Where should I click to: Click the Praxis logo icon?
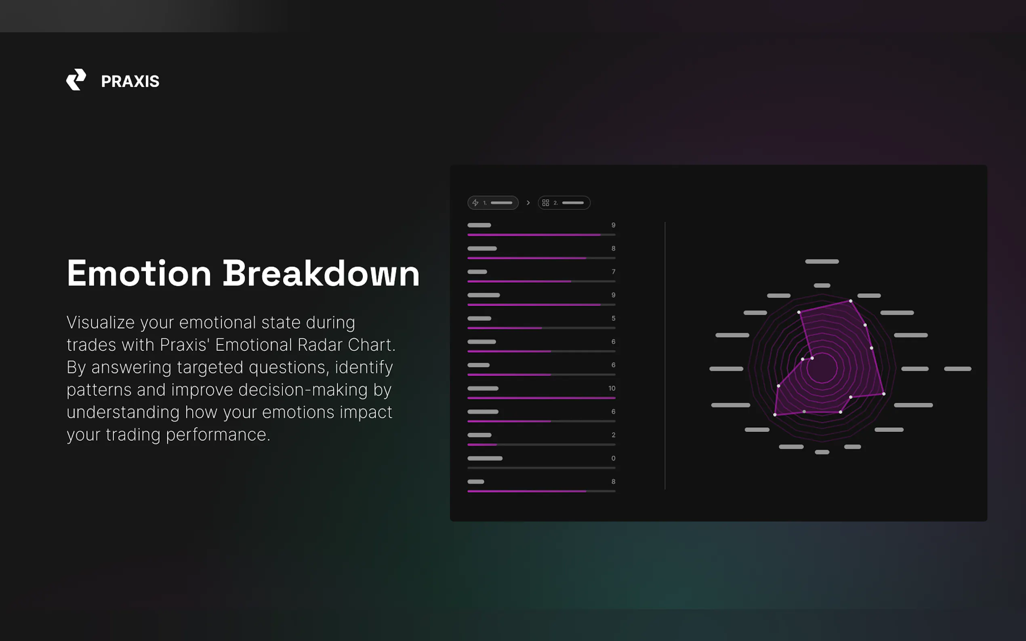click(76, 80)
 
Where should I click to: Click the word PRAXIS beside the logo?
click(130, 82)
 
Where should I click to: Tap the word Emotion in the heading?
click(139, 273)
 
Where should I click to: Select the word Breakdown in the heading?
click(321, 273)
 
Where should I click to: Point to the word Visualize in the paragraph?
click(101, 323)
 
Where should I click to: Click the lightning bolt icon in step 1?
click(475, 203)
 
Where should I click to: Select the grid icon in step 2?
click(545, 203)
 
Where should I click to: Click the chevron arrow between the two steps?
click(528, 203)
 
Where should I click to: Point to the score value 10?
click(612, 388)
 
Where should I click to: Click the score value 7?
click(613, 272)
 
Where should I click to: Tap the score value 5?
click(613, 318)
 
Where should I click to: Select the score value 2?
click(613, 435)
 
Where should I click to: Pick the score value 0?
click(613, 458)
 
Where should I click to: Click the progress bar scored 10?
click(541, 398)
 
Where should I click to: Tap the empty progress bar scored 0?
click(541, 468)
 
